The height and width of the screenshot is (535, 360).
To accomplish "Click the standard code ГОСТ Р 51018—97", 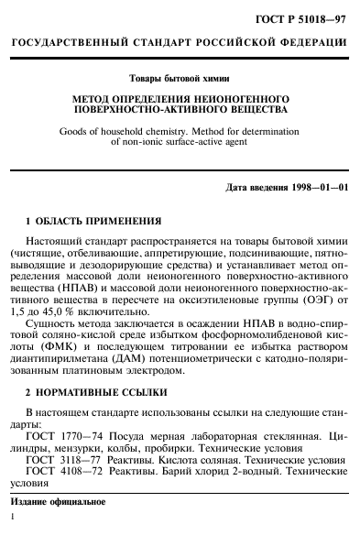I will [307, 16].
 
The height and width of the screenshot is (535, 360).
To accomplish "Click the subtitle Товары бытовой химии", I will [180, 80].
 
